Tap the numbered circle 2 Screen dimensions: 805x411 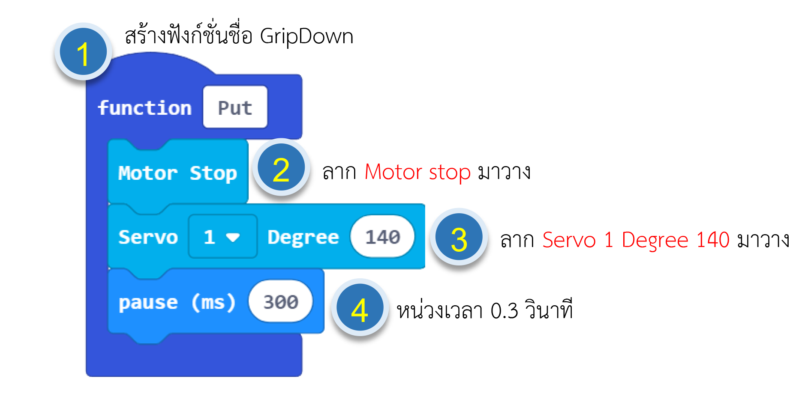(x=281, y=167)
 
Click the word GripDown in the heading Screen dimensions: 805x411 (x=306, y=36)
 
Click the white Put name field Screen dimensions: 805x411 (x=235, y=107)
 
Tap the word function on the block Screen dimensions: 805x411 (x=144, y=108)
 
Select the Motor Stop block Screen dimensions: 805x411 (x=178, y=172)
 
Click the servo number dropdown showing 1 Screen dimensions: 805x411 (x=222, y=236)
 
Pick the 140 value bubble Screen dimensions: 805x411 (x=382, y=236)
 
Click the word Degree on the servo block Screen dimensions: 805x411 (x=303, y=237)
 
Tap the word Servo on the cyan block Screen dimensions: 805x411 (x=148, y=237)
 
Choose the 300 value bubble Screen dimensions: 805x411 (x=281, y=301)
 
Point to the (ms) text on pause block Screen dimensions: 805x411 (x=213, y=302)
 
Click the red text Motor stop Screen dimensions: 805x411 (x=418, y=172)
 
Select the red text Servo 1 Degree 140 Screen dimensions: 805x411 (x=636, y=240)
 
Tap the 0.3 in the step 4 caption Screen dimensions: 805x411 (x=505, y=311)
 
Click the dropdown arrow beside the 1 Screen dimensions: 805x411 (x=233, y=237)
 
